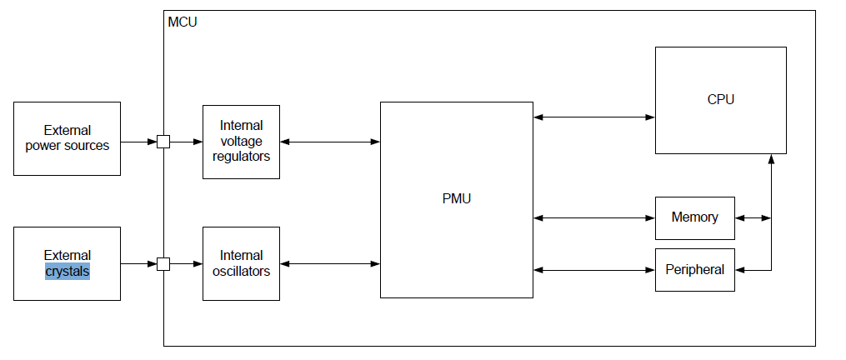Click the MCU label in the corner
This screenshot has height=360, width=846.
pos(183,20)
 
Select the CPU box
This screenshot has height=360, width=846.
pos(720,100)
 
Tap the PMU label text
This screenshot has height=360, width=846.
pos(457,198)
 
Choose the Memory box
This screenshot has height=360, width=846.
pos(694,217)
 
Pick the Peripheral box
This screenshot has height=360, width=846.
pos(694,270)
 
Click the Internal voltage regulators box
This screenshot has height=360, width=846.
pos(241,142)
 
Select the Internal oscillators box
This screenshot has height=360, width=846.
pos(241,263)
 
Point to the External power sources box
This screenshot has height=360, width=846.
pos(67,138)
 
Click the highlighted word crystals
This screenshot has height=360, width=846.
pos(68,272)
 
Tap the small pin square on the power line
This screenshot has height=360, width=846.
pos(163,142)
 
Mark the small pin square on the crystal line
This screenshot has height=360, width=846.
pos(163,264)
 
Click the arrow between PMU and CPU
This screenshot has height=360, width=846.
pos(593,117)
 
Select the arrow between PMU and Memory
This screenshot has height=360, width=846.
pos(593,217)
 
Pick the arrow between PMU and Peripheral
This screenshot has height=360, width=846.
pos(593,269)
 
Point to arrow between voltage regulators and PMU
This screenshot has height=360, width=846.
pos(330,142)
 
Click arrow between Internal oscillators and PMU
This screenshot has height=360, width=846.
pos(330,264)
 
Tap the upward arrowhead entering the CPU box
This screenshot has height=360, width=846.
pos(772,159)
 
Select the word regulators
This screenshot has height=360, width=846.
pos(241,156)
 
